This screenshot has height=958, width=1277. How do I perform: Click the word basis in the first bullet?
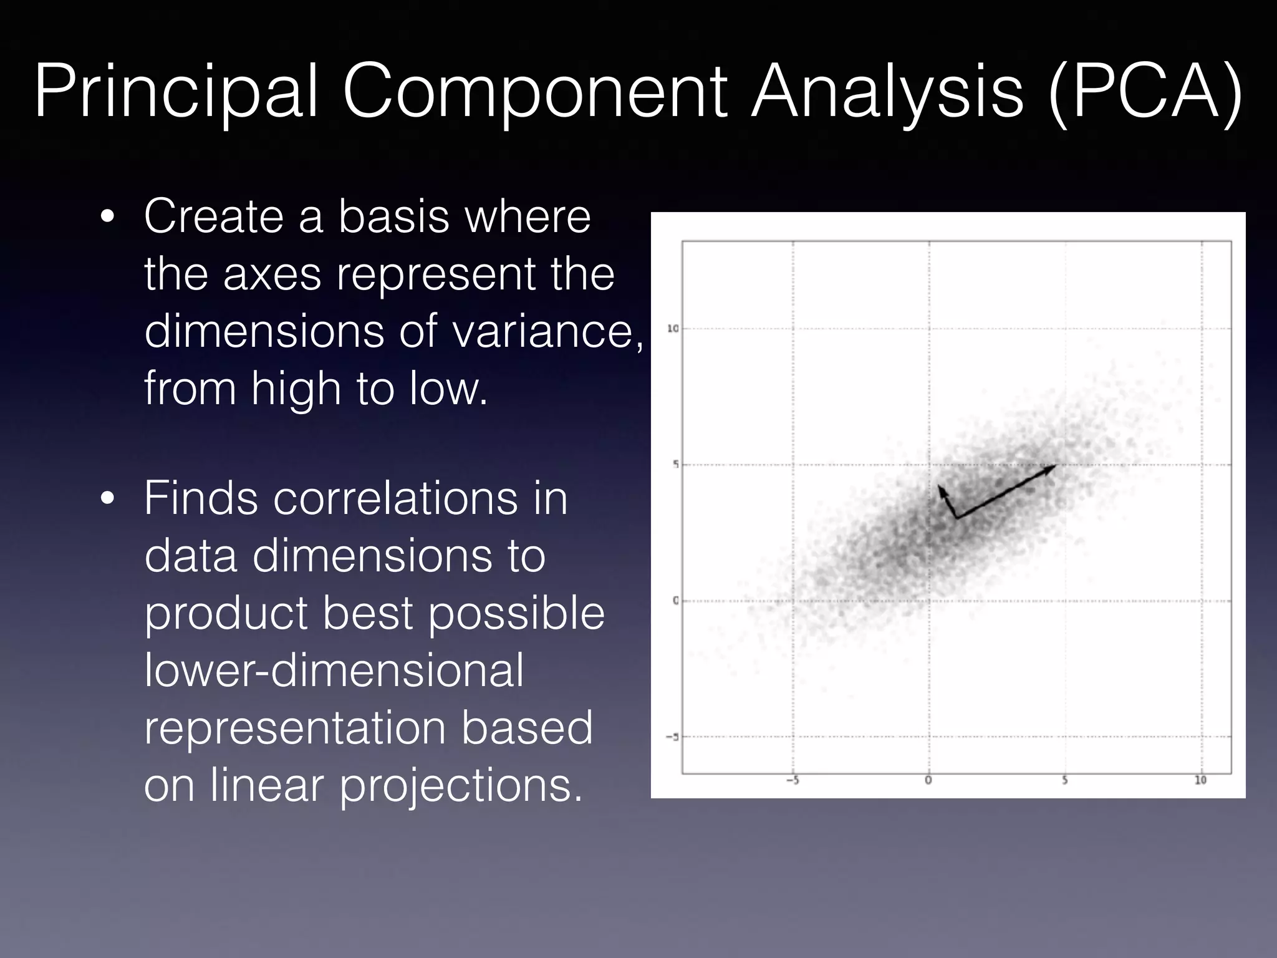pos(393,216)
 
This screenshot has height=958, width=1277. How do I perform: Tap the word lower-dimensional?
pos(334,670)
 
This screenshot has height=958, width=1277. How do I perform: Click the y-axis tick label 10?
pos(673,329)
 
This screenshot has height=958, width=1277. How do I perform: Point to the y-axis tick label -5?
pos(672,737)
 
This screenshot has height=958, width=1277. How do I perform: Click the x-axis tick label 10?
pos(1200,780)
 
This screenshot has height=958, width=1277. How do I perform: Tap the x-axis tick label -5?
pos(793,780)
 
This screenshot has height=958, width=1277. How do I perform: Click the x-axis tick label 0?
pos(928,780)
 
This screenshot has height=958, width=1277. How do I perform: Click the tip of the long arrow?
pos(1056,465)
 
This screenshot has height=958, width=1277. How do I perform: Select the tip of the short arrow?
pos(940,486)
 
